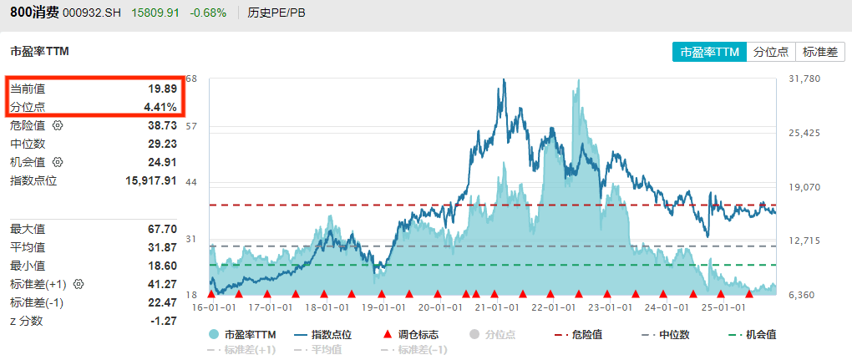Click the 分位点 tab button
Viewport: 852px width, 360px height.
[771, 52]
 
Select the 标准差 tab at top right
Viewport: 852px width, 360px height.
[819, 52]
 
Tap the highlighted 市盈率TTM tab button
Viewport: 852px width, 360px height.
[710, 52]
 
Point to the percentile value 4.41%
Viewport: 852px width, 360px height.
[160, 107]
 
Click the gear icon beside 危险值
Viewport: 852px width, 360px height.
[58, 125]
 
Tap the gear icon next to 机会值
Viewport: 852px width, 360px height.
[58, 162]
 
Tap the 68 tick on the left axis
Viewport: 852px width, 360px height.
[191, 79]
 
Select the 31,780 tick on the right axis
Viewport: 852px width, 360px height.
[805, 79]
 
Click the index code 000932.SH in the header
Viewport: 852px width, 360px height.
[92, 13]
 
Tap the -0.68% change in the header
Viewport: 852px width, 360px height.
[207, 13]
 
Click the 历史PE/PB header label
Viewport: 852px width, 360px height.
[276, 13]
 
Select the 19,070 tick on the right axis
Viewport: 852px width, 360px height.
[805, 187]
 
